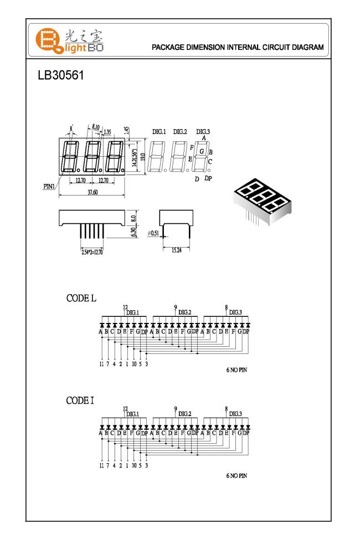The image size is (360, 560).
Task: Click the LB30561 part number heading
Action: pyautogui.click(x=61, y=75)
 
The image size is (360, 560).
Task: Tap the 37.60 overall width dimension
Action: pyautogui.click(x=92, y=192)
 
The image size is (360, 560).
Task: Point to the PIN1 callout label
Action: pyautogui.click(x=49, y=186)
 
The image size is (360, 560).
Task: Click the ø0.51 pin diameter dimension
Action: pyautogui.click(x=153, y=234)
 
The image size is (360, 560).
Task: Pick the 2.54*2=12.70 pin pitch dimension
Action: pyautogui.click(x=91, y=253)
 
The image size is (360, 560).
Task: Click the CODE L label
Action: pyautogui.click(x=81, y=298)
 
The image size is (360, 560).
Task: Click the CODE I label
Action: pyautogui.click(x=80, y=400)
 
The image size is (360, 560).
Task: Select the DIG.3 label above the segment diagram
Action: pyautogui.click(x=203, y=132)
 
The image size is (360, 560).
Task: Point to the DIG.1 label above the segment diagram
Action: pyautogui.click(x=159, y=132)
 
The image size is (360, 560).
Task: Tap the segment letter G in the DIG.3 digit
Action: pyautogui.click(x=202, y=151)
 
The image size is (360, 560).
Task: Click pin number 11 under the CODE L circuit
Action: pyautogui.click(x=101, y=364)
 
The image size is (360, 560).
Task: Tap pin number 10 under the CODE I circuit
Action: pyautogui.click(x=133, y=466)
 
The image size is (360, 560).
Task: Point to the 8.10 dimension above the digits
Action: pyautogui.click(x=95, y=127)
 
